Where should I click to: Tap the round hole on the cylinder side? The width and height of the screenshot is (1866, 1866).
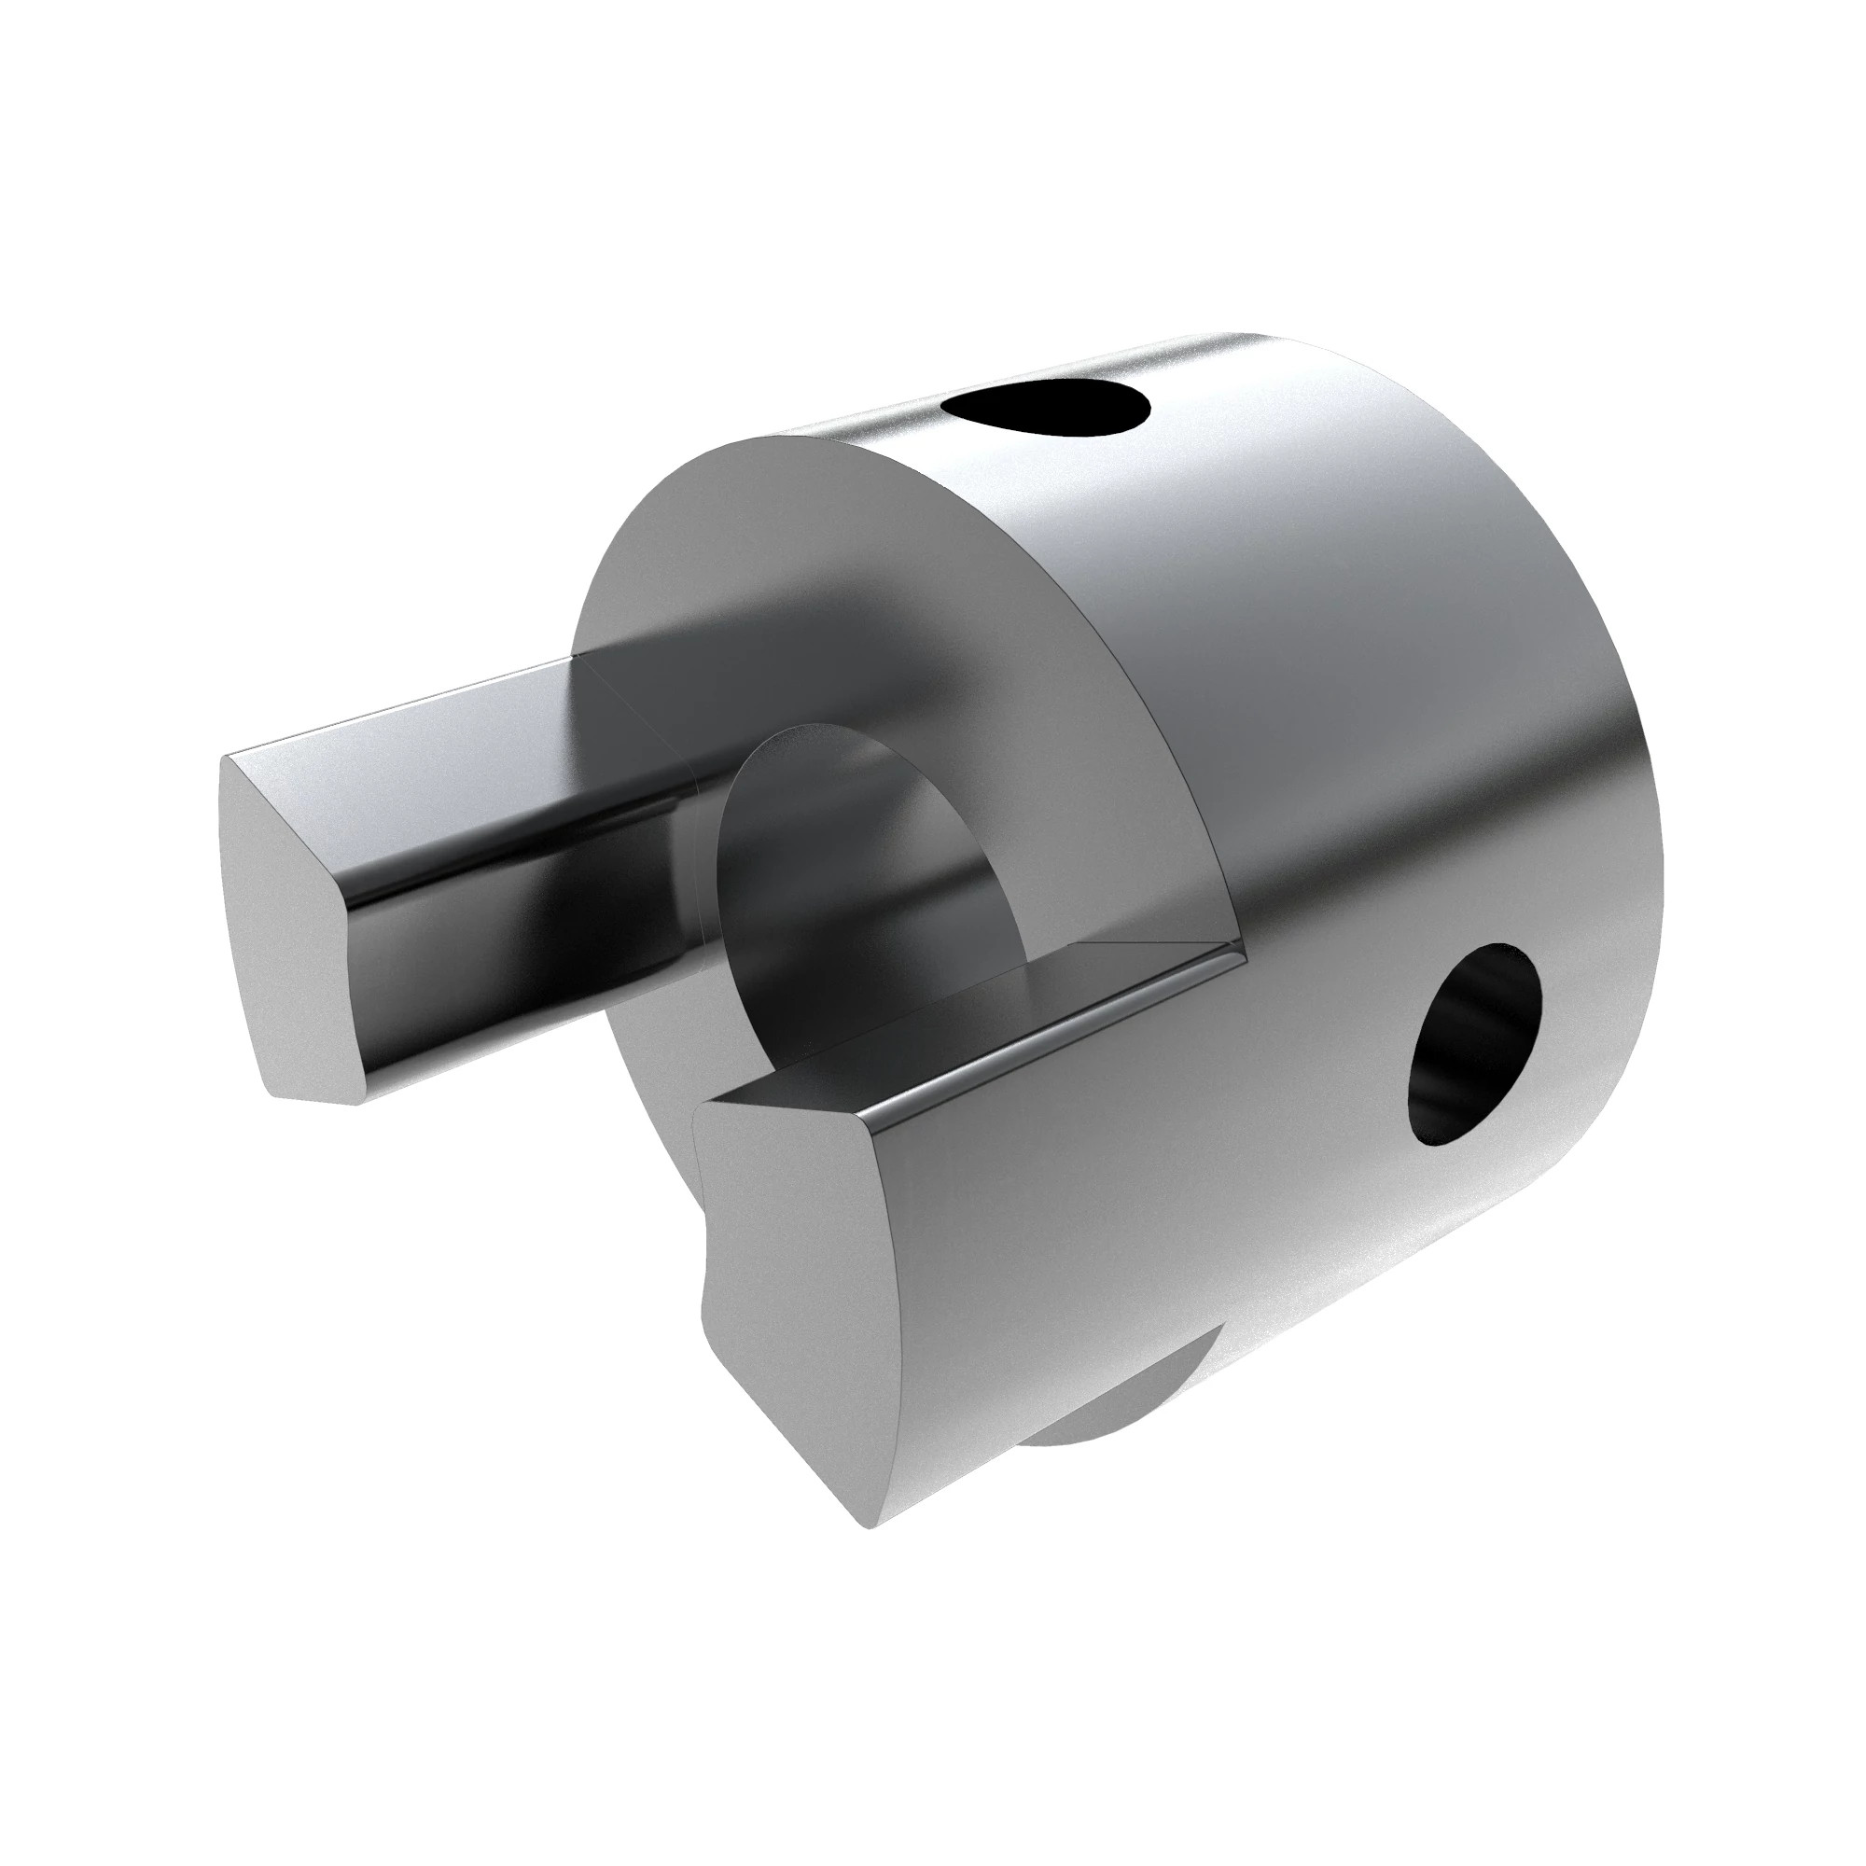coord(1472,1049)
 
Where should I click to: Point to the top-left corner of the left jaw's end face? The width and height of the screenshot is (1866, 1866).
coord(228,758)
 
